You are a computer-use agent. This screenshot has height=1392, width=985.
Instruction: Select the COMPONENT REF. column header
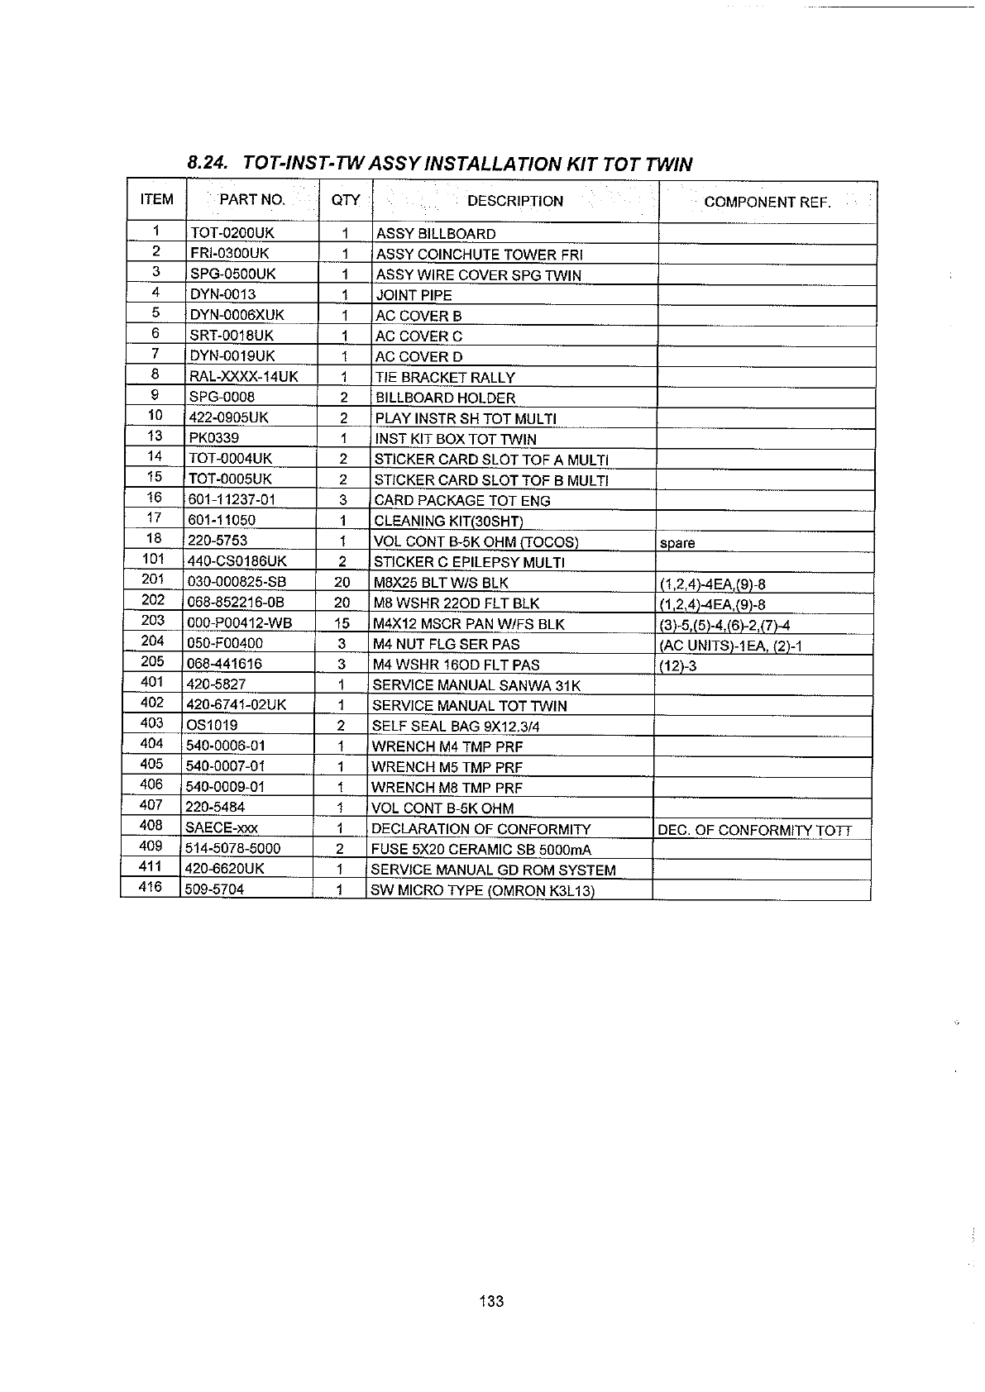767,203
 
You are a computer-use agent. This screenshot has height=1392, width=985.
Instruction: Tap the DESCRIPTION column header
514,201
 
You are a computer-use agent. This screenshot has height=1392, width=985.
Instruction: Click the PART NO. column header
252,200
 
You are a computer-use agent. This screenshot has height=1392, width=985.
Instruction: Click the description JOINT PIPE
414,295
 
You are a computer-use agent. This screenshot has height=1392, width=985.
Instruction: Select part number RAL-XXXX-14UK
244,377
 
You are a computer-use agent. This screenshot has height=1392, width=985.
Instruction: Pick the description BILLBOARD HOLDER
445,398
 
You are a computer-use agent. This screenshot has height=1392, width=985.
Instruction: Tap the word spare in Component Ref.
677,543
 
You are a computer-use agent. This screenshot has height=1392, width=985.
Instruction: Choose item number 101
153,559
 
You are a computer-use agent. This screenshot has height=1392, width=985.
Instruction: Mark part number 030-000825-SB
237,582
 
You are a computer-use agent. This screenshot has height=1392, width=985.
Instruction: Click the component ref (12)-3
677,665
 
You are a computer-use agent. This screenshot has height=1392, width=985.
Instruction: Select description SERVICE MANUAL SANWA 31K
476,685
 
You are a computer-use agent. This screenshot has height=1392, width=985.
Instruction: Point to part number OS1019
213,726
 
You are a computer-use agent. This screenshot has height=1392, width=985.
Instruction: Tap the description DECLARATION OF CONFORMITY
481,829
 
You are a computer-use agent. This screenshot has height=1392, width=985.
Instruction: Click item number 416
150,888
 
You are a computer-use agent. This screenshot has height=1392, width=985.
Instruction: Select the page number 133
490,1301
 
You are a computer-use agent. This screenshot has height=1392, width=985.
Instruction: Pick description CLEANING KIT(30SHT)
448,521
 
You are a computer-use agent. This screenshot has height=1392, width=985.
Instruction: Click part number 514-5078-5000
233,849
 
